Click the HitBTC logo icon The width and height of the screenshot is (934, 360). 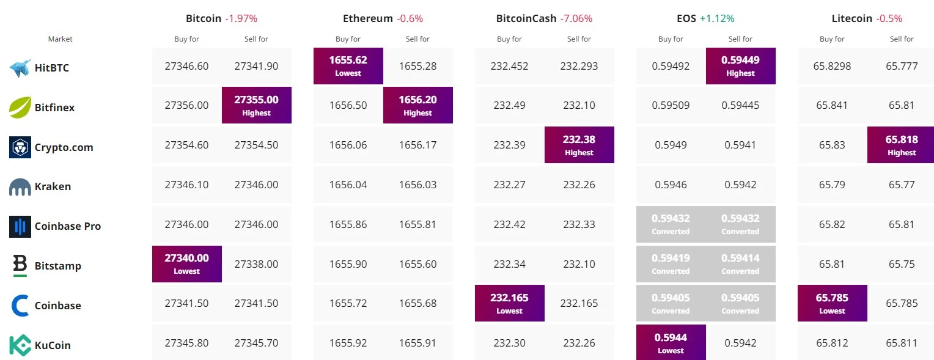pyautogui.click(x=20, y=68)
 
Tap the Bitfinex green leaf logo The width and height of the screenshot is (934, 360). pyautogui.click(x=20, y=108)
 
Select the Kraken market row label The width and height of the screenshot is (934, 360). pyautogui.click(x=53, y=186)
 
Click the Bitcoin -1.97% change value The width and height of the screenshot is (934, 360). pyautogui.click(x=241, y=18)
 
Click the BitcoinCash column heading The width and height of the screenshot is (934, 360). pyautogui.click(x=526, y=18)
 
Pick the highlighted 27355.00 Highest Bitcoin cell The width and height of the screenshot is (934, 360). pyautogui.click(x=257, y=105)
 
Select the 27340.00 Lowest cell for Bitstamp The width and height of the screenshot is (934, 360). pyautogui.click(x=187, y=264)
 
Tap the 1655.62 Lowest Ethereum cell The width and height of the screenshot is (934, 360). pyautogui.click(x=348, y=66)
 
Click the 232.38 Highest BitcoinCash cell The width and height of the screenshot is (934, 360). pyautogui.click(x=579, y=145)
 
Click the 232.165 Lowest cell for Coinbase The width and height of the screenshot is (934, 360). pyautogui.click(x=510, y=304)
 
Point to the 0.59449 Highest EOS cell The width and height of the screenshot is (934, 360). pyautogui.click(x=741, y=66)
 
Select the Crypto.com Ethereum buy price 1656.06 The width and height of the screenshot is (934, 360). pyautogui.click(x=348, y=145)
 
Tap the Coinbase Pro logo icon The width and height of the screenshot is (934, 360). pyautogui.click(x=20, y=226)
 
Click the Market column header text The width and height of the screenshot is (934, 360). pyautogui.click(x=60, y=39)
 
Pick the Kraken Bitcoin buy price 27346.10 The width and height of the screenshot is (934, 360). pyautogui.click(x=187, y=185)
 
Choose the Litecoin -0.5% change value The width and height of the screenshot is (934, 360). pyautogui.click(x=889, y=18)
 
